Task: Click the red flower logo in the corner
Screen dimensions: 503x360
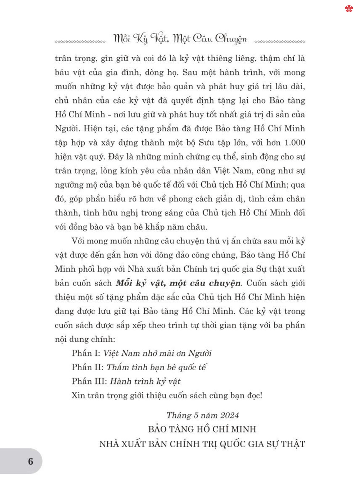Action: [349, 8]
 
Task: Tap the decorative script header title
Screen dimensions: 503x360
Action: [180, 39]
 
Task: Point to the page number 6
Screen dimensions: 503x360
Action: [31, 461]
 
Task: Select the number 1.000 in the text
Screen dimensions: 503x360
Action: [294, 143]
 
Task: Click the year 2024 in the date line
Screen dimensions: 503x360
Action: [229, 415]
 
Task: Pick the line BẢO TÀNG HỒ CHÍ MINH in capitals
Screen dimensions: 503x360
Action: [202, 429]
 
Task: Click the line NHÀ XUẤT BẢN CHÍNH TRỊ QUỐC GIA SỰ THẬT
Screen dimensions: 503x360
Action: [202, 444]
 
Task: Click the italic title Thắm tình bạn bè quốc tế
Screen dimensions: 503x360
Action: [157, 367]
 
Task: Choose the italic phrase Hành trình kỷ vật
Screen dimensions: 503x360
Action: [145, 381]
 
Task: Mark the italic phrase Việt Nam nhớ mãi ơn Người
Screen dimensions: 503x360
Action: [157, 353]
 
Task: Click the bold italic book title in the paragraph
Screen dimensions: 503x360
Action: [179, 283]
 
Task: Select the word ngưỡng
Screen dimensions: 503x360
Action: [69, 185]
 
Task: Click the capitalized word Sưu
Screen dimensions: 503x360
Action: [206, 143]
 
